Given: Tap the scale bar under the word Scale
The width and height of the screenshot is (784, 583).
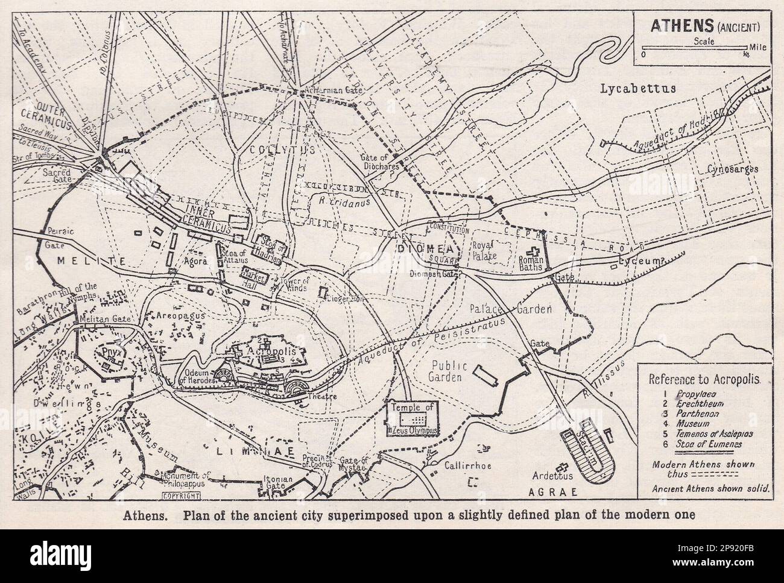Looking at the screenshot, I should tap(695, 48).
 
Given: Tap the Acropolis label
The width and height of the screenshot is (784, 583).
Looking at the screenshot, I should tap(266, 351).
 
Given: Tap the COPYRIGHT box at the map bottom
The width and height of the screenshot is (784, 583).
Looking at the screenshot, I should tap(180, 496).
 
